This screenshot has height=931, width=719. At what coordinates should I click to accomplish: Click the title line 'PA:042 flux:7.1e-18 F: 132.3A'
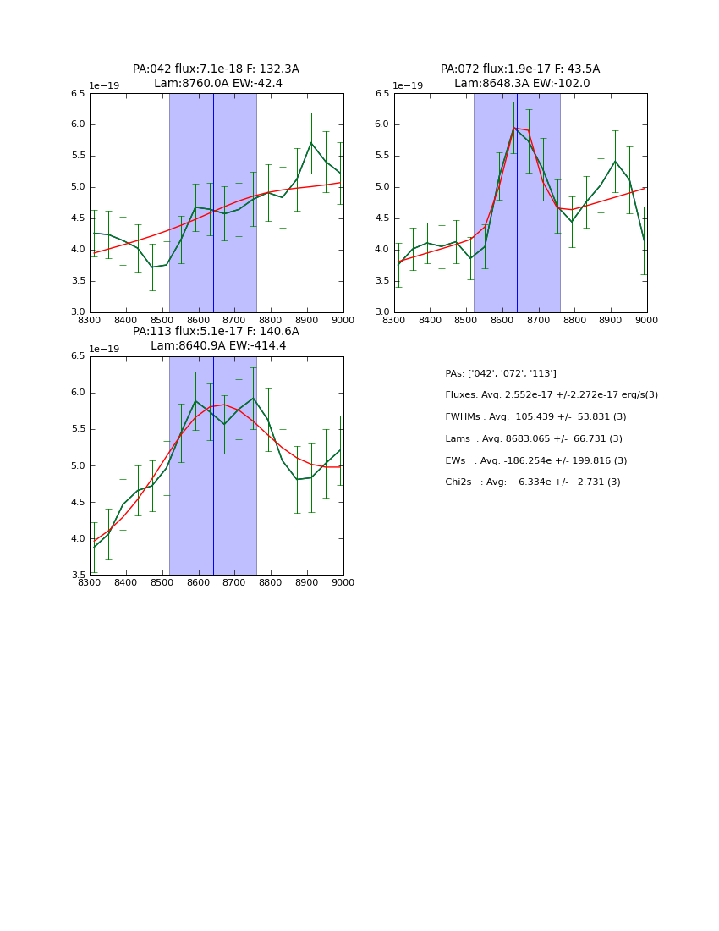point(216,69)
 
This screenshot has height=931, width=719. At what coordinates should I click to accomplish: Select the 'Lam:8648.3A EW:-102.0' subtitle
point(522,84)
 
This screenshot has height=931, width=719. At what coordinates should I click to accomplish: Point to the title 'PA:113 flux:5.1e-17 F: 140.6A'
point(216,332)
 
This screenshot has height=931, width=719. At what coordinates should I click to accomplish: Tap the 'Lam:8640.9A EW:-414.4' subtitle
point(218,346)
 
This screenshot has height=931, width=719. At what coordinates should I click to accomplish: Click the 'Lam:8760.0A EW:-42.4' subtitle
point(218,84)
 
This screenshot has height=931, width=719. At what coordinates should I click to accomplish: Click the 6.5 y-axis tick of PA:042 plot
point(77,94)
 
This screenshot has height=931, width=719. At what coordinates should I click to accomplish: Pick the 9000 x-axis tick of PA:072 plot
point(647,319)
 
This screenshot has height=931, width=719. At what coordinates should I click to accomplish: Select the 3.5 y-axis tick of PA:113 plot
point(77,576)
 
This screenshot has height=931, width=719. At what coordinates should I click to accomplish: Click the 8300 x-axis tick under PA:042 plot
point(90,319)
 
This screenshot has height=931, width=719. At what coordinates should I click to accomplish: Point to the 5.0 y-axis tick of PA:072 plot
point(381,187)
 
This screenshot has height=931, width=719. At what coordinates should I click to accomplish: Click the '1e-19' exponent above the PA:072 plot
point(408,86)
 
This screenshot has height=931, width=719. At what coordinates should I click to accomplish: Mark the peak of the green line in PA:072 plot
point(513,128)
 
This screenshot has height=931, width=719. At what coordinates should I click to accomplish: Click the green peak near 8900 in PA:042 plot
point(310,142)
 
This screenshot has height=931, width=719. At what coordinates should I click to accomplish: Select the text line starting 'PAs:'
point(501,374)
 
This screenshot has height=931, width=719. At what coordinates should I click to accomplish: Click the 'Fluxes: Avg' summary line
point(552,395)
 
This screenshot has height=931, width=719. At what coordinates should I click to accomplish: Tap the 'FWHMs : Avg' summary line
point(535,417)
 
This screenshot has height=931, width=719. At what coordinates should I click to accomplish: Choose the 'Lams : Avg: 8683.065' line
point(534,439)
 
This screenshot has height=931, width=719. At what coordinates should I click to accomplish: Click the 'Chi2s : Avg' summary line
point(533,482)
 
